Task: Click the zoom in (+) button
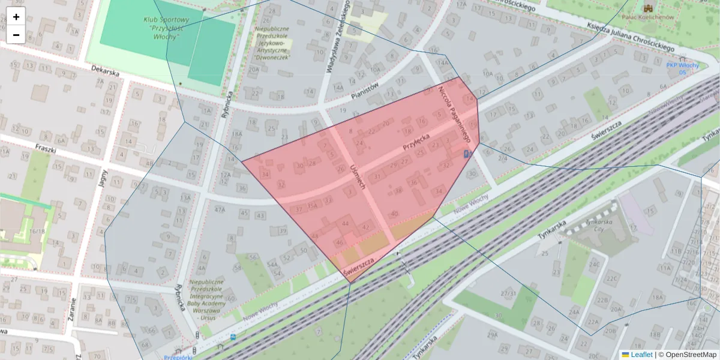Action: pos(16,17)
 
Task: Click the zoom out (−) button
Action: pos(16,35)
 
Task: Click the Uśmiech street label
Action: pos(358,176)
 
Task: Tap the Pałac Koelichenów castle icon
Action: pos(648,8)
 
